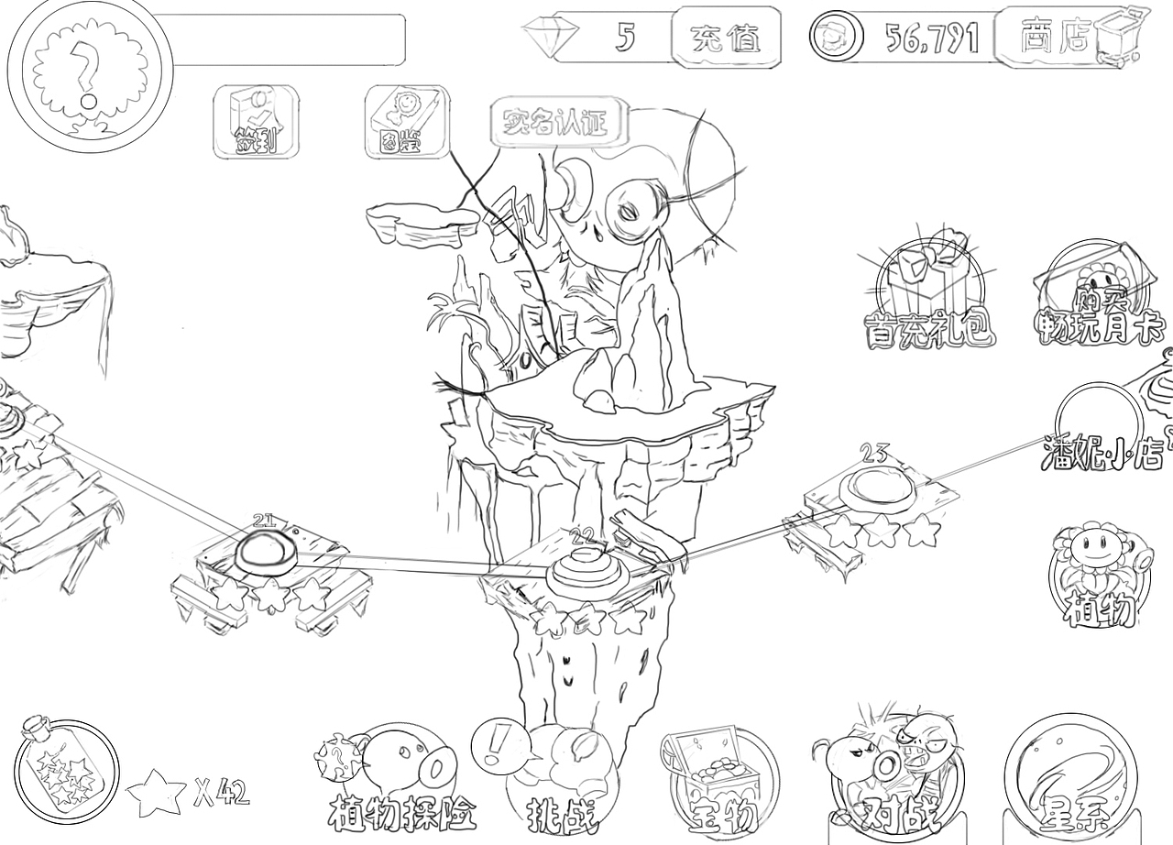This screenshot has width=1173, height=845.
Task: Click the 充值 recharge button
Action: click(x=726, y=38)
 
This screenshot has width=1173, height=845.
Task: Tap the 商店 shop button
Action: click(x=1055, y=36)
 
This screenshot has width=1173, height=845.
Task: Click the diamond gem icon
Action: click(x=551, y=38)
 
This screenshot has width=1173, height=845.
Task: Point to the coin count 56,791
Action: click(x=931, y=38)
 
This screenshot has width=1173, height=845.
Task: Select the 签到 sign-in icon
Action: click(x=256, y=122)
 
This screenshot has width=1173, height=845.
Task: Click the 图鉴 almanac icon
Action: click(x=406, y=122)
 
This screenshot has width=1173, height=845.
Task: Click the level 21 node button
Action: click(x=266, y=553)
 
